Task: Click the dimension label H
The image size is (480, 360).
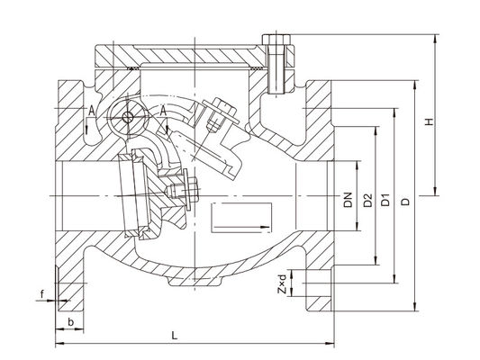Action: pos(430,121)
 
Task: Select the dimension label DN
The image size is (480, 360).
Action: pos(348,200)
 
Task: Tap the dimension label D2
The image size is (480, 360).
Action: pos(367,201)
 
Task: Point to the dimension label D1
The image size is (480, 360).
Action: pos(385,200)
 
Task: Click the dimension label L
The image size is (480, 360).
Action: pos(174,335)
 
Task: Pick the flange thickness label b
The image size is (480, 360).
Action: pos(71,322)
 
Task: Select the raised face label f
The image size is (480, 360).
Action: pos(42,294)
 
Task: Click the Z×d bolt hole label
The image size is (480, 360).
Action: pos(282,284)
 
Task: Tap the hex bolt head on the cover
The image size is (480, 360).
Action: pos(276,40)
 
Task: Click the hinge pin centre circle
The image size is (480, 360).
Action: pos(127,117)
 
